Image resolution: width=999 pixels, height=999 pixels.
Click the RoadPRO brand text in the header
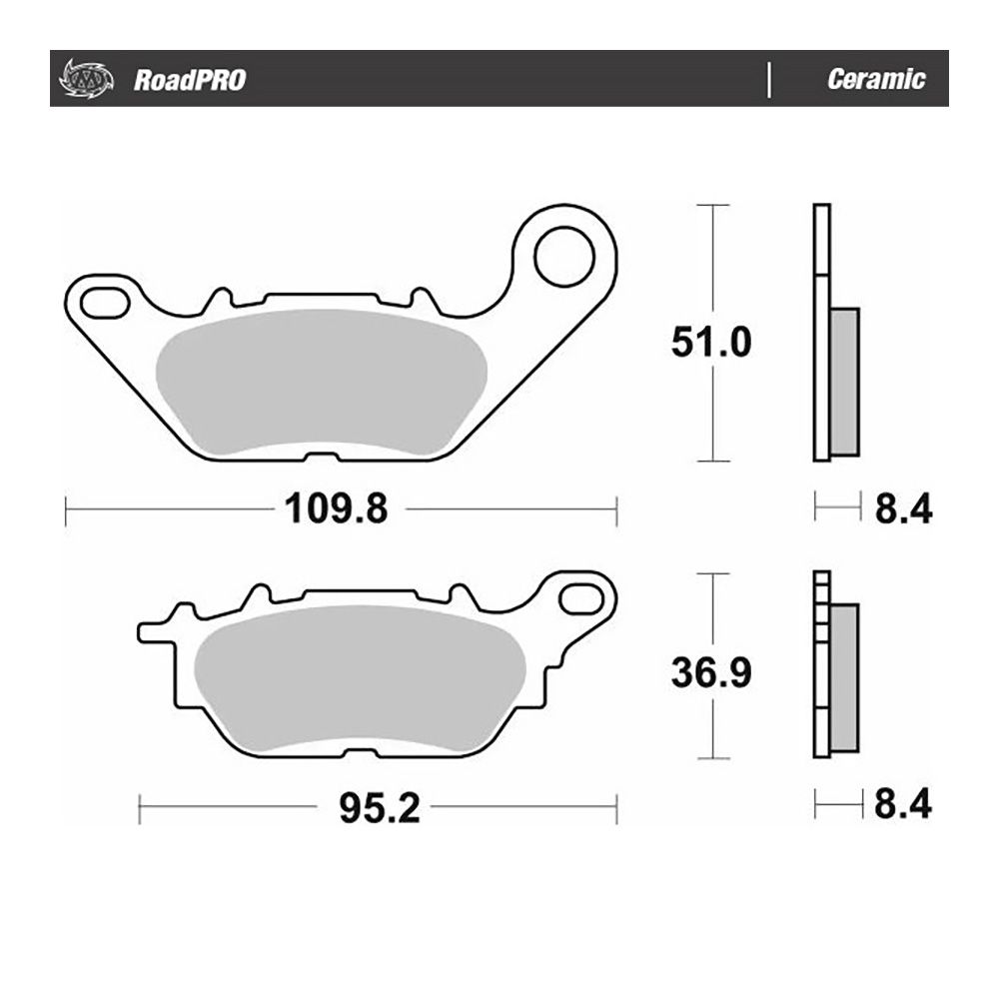pyautogui.click(x=189, y=81)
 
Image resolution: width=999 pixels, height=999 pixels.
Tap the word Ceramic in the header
pyautogui.click(x=875, y=80)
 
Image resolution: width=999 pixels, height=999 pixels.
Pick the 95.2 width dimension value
pyautogui.click(x=379, y=807)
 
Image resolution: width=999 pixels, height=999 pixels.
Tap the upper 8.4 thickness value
pyautogui.click(x=903, y=509)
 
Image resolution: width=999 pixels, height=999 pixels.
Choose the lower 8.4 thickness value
pyautogui.click(x=903, y=804)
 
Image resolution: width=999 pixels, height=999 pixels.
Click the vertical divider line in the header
pyautogui.click(x=769, y=80)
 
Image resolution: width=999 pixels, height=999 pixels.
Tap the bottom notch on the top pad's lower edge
pyautogui.click(x=319, y=458)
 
